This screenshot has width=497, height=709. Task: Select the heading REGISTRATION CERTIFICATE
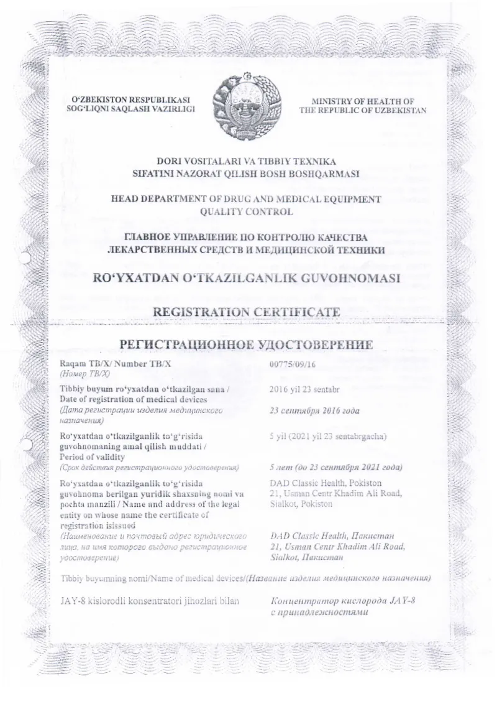(x=247, y=311)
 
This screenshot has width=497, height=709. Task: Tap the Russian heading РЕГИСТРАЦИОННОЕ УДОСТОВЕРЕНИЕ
(x=246, y=345)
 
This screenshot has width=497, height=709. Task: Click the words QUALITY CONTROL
(x=245, y=211)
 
